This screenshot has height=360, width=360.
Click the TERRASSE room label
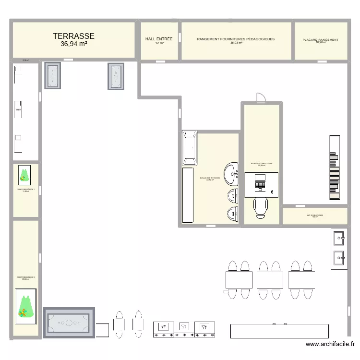point(73,36)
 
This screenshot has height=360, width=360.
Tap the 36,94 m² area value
point(73,44)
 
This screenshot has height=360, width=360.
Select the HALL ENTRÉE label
point(159,39)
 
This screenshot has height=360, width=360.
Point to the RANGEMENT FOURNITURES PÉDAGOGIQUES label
point(236,39)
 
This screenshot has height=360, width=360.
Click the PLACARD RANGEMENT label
point(321,40)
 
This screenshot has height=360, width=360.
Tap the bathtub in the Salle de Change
point(190,148)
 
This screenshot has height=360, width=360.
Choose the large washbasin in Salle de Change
point(232,174)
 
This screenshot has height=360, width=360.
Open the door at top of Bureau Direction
point(261,98)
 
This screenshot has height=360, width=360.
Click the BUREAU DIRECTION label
point(262,164)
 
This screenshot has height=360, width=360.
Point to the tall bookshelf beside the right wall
point(335,167)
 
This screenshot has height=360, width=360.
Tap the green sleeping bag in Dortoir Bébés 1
point(24,175)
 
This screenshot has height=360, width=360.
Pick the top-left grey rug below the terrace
point(53,76)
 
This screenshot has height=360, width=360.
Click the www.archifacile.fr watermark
point(331,344)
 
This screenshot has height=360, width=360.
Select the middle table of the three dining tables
point(269,279)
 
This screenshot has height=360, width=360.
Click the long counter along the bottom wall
point(280,331)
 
